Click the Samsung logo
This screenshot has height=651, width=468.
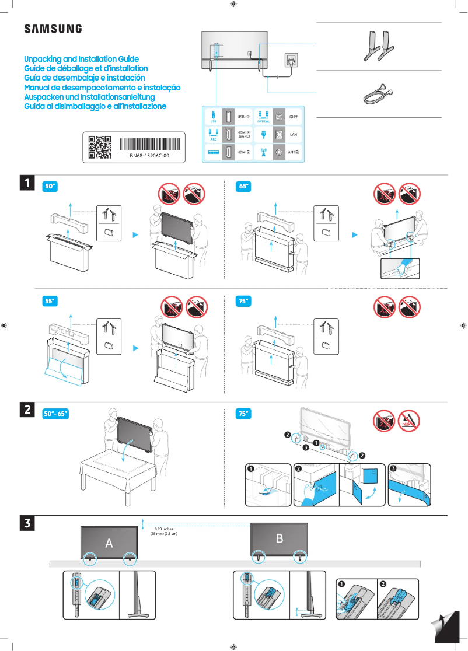53,29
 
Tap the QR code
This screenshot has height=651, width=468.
99,148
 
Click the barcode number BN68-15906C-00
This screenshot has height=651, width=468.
149,156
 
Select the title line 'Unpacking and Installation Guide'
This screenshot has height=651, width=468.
81,60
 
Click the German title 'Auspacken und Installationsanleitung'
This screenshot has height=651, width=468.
89,97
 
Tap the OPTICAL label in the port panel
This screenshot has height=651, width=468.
263,121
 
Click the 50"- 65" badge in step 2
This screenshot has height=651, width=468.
57,414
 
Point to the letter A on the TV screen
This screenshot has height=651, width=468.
109,543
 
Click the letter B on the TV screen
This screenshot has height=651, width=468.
280,538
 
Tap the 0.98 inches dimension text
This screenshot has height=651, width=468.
163,528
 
